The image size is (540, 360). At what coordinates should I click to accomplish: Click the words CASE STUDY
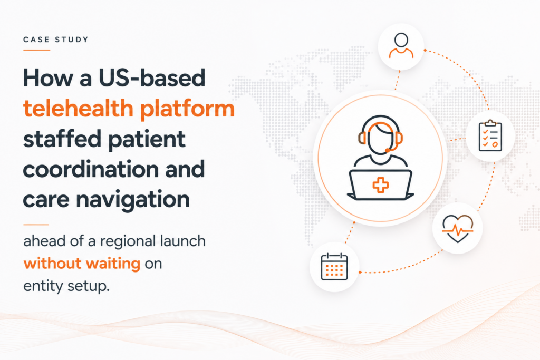point(56,40)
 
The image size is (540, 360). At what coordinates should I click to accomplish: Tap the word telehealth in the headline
point(78,109)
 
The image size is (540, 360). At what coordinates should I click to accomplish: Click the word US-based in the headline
point(152,78)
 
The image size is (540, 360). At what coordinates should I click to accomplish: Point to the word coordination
point(90,169)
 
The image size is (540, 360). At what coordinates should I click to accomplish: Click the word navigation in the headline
point(133,200)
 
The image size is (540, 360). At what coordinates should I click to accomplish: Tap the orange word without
point(52,264)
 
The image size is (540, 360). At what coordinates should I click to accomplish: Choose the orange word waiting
point(113,264)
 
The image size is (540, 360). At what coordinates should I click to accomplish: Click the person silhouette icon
point(401,45)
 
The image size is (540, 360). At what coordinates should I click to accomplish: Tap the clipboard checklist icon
point(490,135)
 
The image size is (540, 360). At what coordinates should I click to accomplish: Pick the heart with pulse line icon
point(458,228)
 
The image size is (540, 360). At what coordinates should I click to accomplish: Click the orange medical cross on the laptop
point(381,185)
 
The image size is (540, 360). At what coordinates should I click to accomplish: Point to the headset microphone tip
point(388,150)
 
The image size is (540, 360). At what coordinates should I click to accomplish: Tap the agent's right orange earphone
point(399,138)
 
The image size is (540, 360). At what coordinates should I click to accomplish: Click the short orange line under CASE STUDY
point(37,50)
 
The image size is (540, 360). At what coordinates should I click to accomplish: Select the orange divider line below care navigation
point(36,225)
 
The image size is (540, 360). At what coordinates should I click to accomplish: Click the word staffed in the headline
point(62,139)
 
